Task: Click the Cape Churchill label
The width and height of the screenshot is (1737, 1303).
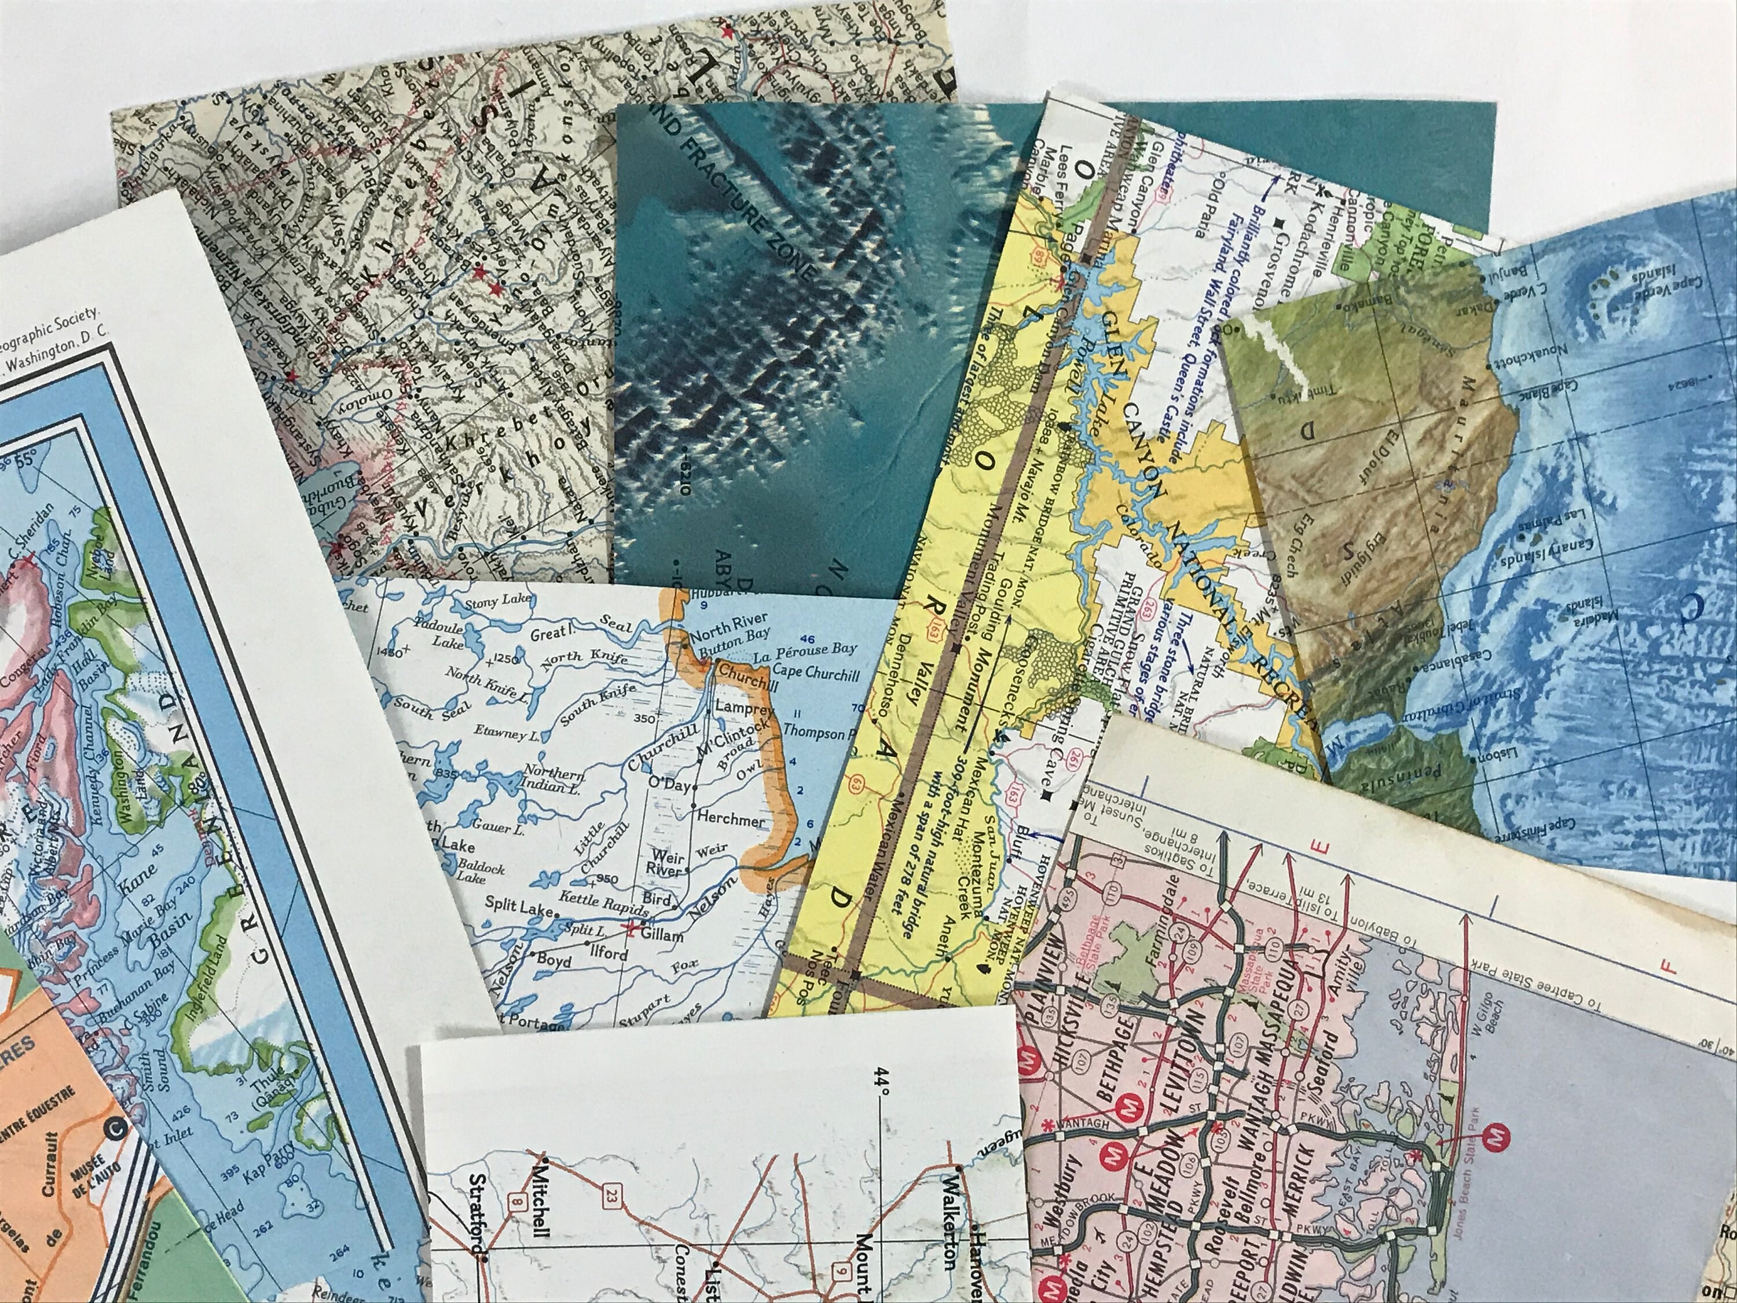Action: click(x=816, y=670)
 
